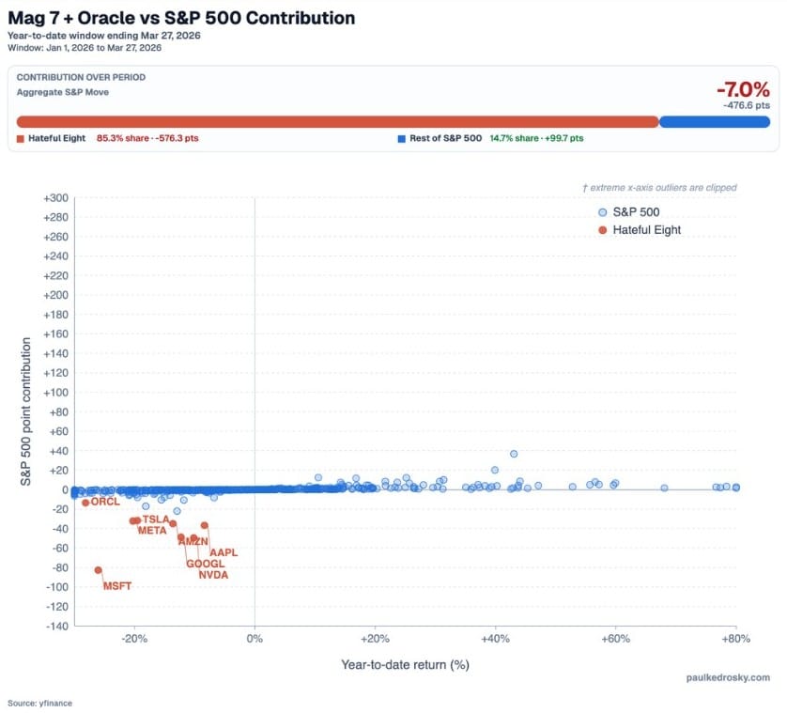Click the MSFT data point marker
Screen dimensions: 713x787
pyautogui.click(x=98, y=570)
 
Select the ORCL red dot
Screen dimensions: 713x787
pyautogui.click(x=85, y=503)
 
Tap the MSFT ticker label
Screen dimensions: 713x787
pyautogui.click(x=117, y=586)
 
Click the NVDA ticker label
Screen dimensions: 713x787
pyautogui.click(x=213, y=575)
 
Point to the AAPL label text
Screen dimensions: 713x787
pyautogui.click(x=224, y=552)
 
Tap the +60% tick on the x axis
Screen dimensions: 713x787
pyautogui.click(x=615, y=641)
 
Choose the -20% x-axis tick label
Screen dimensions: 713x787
pyautogui.click(x=134, y=641)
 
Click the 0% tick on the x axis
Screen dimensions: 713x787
pyautogui.click(x=255, y=641)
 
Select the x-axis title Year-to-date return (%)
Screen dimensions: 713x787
pyautogui.click(x=405, y=664)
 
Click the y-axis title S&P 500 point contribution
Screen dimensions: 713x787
pyautogui.click(x=26, y=411)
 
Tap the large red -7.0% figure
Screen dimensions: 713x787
pyautogui.click(x=742, y=90)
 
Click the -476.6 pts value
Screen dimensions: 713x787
pyautogui.click(x=746, y=106)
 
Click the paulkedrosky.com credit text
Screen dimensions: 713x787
pyautogui.click(x=727, y=677)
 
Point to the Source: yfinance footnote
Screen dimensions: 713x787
pyautogui.click(x=39, y=703)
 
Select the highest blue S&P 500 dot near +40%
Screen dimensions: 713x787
pyautogui.click(x=514, y=454)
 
